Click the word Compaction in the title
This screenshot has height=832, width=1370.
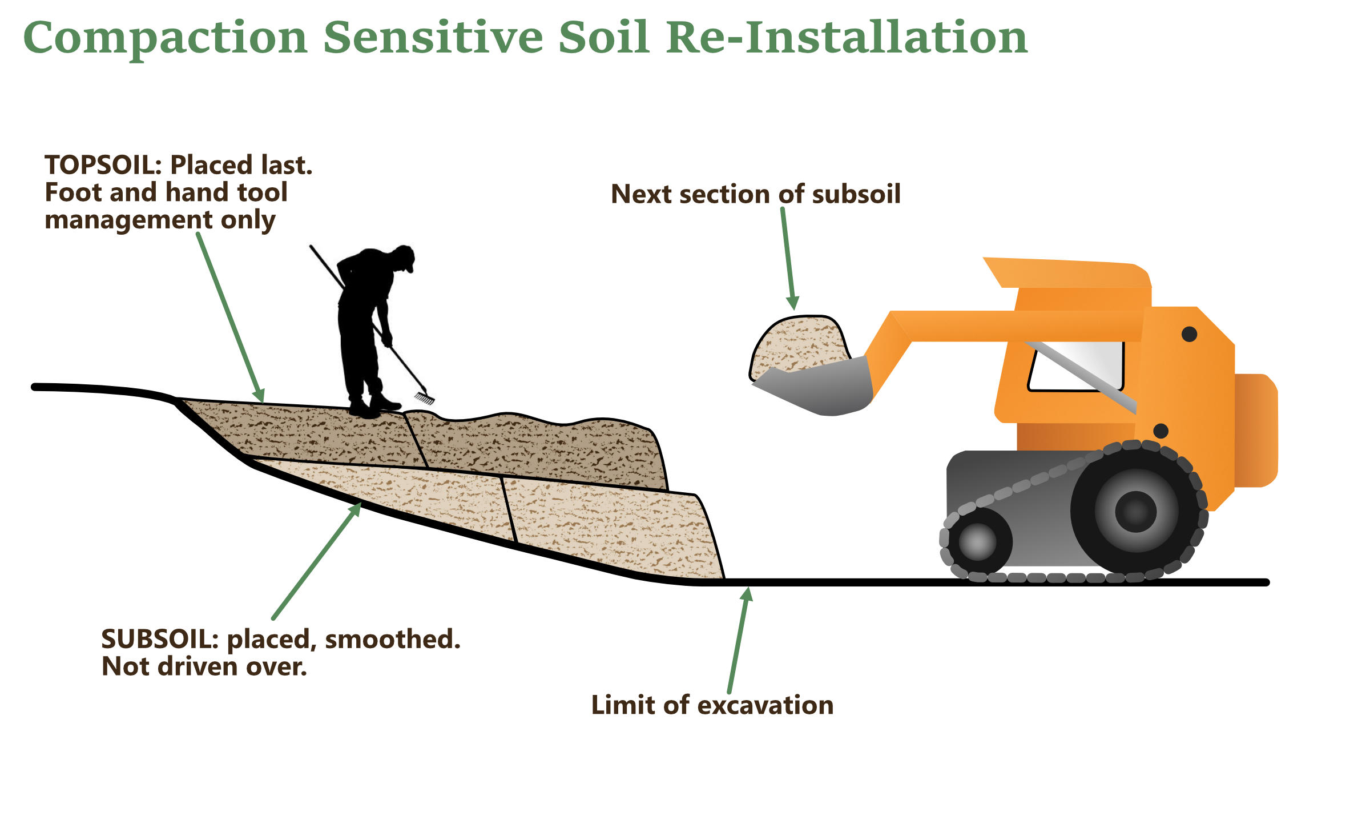coord(166,38)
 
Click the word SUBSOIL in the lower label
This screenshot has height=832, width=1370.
coord(158,639)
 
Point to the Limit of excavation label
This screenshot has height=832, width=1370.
coord(712,705)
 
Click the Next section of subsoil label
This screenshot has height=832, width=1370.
coord(755,194)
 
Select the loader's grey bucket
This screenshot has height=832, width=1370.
coord(822,388)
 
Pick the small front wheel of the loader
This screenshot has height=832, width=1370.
coord(977,541)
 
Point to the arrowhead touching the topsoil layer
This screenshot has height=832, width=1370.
coord(260,395)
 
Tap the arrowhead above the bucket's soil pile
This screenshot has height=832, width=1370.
coord(793,302)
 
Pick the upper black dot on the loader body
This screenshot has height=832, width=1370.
coord(1190,334)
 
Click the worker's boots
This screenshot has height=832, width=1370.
coord(374,406)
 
